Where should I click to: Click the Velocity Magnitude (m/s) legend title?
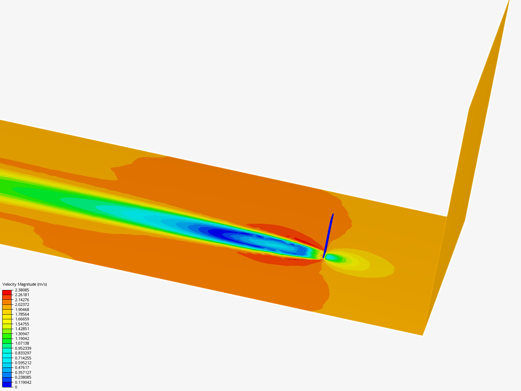point(25,284)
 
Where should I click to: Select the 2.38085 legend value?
point(22,290)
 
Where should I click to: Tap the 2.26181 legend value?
point(22,295)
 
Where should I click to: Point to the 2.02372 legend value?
point(22,304)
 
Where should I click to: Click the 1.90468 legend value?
point(22,309)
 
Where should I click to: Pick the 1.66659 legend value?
point(22,319)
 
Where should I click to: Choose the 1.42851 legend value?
point(22,329)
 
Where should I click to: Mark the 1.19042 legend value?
point(22,338)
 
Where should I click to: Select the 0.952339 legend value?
point(23,348)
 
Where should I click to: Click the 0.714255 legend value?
point(23,358)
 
